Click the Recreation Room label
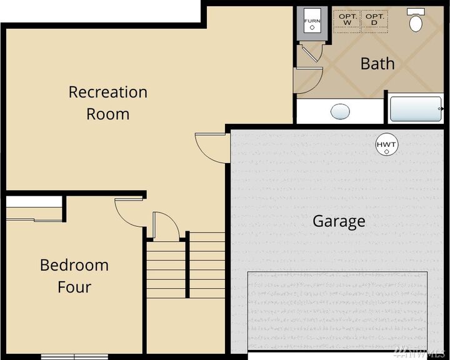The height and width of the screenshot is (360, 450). tap(107, 103)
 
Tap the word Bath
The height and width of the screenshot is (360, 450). tap(377, 63)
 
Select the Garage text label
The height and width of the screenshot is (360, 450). tap(339, 221)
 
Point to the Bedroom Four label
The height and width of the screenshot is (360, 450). tap(74, 276)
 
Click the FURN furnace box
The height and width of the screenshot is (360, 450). tap(312, 23)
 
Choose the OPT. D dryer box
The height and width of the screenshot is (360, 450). tap(374, 19)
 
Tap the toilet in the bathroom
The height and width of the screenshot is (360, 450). tap(416, 21)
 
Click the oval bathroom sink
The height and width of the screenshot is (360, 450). tap(340, 112)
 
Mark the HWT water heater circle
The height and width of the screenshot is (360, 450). tap(386, 146)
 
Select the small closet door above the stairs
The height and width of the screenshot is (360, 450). tap(166, 226)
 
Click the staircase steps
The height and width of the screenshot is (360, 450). tap(186, 266)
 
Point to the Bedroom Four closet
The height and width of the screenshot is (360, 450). tap(34, 209)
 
